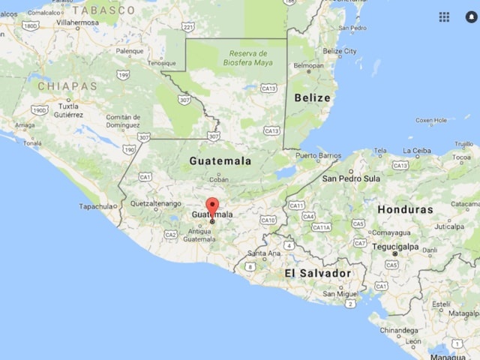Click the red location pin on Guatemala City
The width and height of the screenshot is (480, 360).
coord(212,206)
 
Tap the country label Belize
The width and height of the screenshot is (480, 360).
coord(312,97)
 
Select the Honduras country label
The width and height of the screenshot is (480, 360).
coord(405,209)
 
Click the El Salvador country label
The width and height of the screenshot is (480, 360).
coord(318,274)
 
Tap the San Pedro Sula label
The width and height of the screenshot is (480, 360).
coord(350,178)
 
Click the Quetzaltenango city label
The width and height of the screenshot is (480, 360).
coord(156,203)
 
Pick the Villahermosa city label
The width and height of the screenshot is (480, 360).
coord(77,23)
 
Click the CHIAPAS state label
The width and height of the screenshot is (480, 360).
coord(67,86)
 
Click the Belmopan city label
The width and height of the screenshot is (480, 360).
coord(308,65)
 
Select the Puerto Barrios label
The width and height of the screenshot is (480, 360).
coord(319,156)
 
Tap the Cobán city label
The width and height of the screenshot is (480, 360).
coord(219,179)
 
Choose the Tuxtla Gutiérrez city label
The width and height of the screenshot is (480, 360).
coord(68,110)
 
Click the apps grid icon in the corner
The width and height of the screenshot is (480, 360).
coord(444,16)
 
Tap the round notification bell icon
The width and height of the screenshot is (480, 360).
coord(471,16)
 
